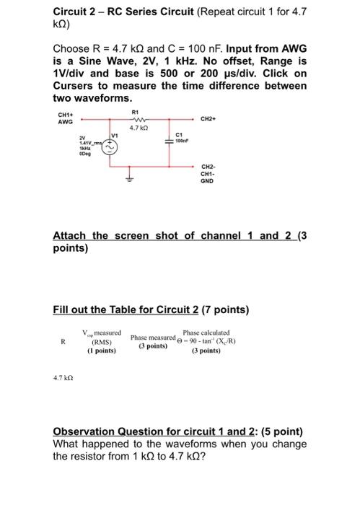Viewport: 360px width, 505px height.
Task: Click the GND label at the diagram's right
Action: [x=208, y=180]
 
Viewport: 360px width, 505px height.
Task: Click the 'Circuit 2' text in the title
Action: [x=76, y=11]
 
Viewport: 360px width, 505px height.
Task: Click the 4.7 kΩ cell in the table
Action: [x=63, y=377]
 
